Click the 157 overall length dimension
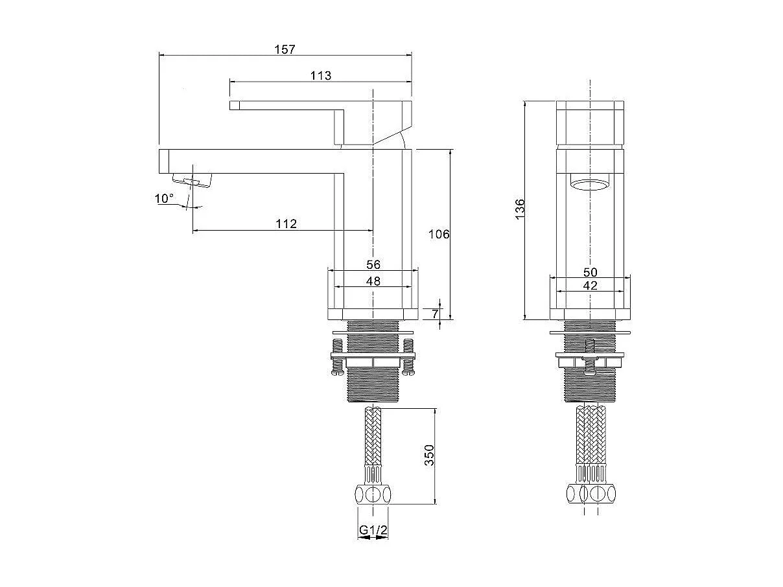(285, 49)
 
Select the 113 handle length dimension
(321, 76)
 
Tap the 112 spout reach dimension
(286, 224)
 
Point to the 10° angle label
(164, 198)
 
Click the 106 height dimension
(439, 234)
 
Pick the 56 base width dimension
(373, 264)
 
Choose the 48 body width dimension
(373, 281)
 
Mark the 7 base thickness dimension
(434, 314)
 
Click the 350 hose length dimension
(430, 455)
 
